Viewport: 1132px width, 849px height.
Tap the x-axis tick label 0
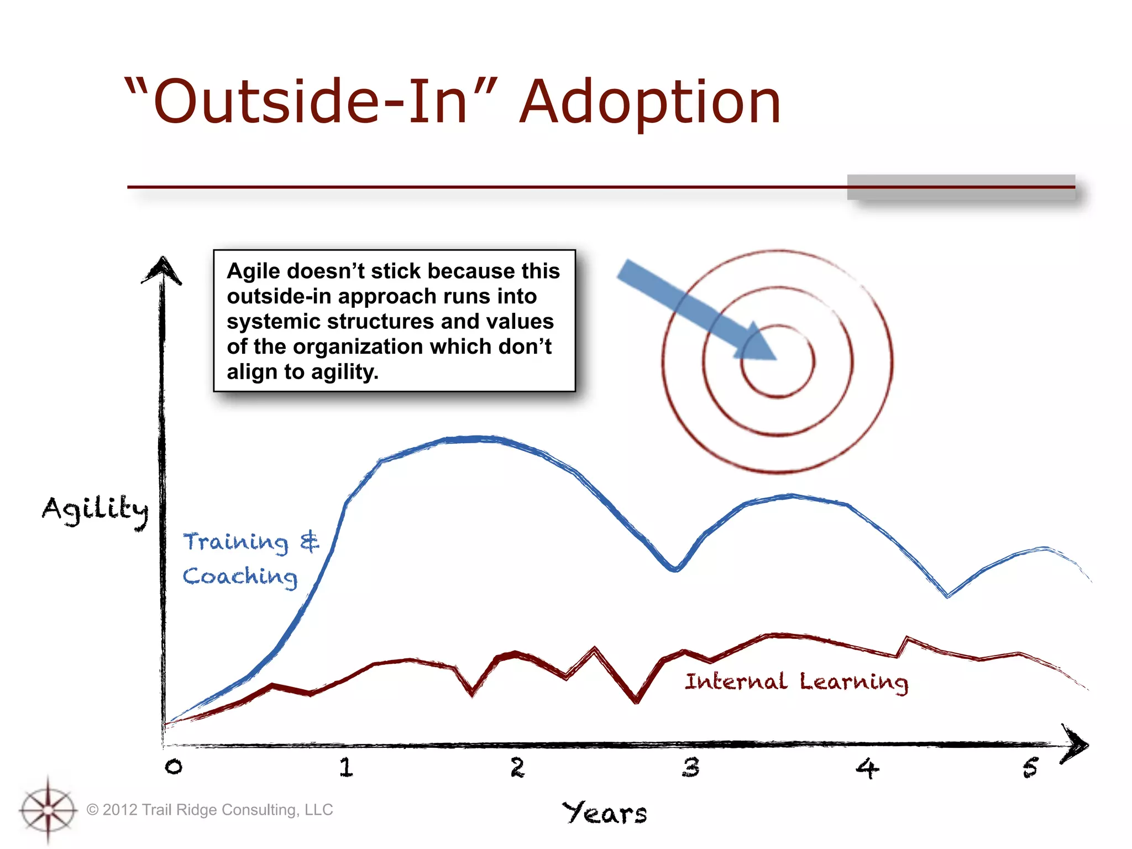pyautogui.click(x=173, y=767)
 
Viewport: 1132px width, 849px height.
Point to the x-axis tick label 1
pyautogui.click(x=346, y=767)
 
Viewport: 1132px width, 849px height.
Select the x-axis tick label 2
pyautogui.click(x=517, y=767)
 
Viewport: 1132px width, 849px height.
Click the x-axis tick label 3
pyautogui.click(x=690, y=767)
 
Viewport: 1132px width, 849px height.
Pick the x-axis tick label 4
pyautogui.click(x=867, y=768)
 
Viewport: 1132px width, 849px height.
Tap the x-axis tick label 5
pyautogui.click(x=1030, y=768)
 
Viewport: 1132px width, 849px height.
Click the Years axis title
pyautogui.click(x=604, y=813)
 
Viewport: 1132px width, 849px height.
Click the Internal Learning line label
pyautogui.click(x=796, y=682)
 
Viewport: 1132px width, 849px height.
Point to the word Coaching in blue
pyautogui.click(x=240, y=577)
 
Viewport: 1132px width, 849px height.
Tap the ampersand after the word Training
pyautogui.click(x=310, y=542)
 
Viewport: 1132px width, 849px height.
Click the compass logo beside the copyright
pyautogui.click(x=48, y=810)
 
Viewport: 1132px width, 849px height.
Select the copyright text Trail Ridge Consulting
pyautogui.click(x=218, y=810)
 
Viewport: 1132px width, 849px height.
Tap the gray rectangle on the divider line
pyautogui.click(x=961, y=187)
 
